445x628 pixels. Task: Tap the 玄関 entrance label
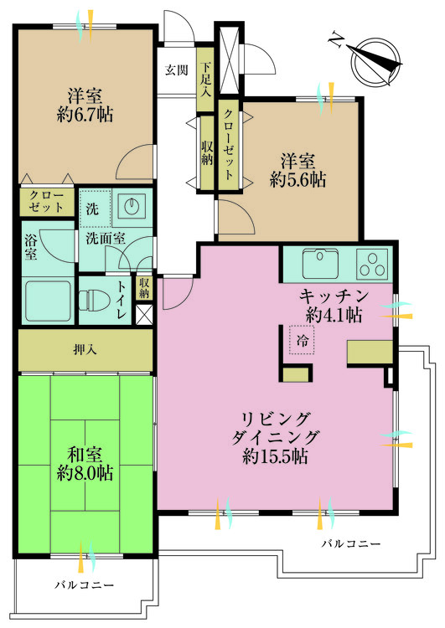[x=176, y=69]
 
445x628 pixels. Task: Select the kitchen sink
[x=319, y=265]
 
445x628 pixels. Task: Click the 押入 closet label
[x=85, y=348]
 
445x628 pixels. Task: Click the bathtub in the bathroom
[x=46, y=299]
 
